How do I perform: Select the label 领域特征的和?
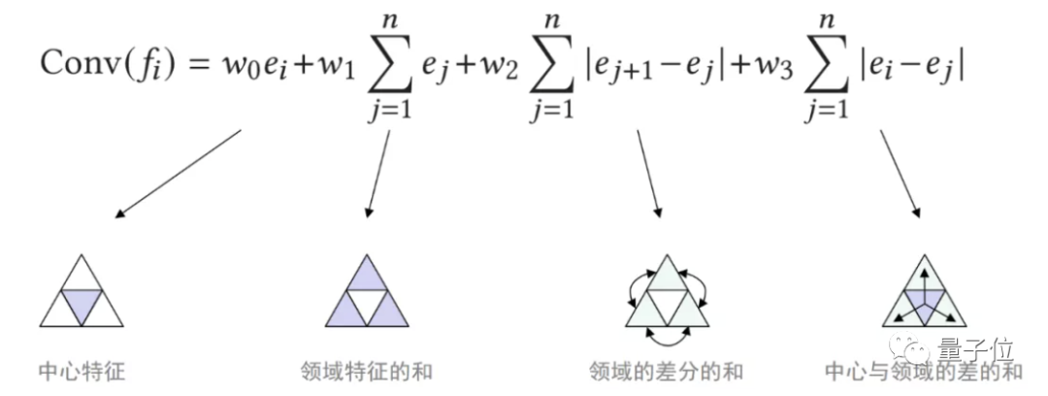[x=367, y=371]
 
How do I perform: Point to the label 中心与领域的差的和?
[x=924, y=371]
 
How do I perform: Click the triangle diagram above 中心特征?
[x=82, y=293]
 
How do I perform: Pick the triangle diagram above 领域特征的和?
[x=367, y=293]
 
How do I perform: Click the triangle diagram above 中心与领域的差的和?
[x=924, y=293]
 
